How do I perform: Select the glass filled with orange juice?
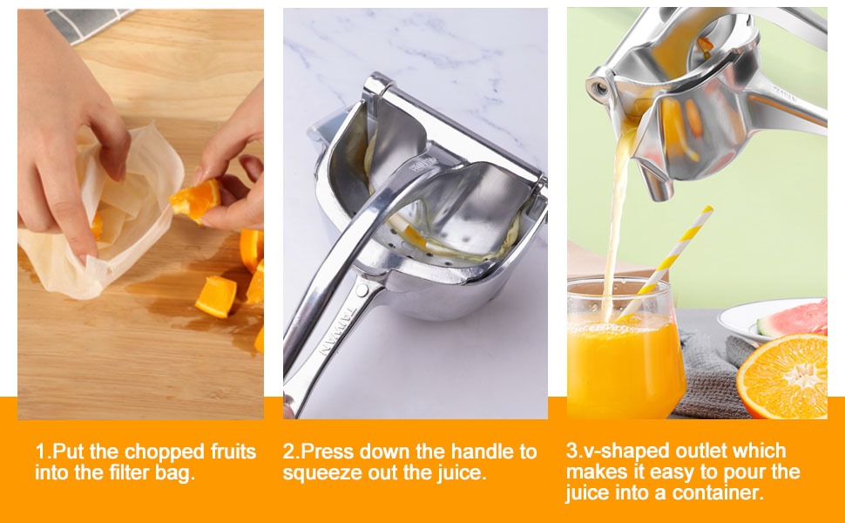click(624, 357)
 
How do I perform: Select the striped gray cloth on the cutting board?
click(87, 23)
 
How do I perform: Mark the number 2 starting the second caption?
click(288, 452)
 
